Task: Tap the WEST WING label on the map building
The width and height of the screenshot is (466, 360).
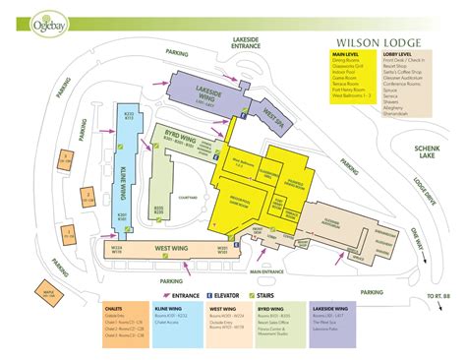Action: click(x=173, y=250)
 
